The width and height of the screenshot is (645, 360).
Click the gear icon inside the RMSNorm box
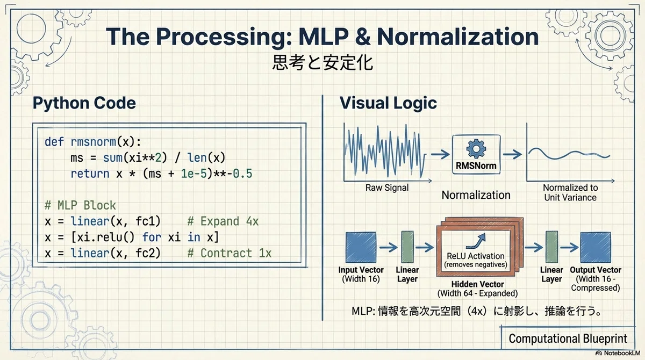(x=476, y=149)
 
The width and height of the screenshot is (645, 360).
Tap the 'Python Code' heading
(x=84, y=103)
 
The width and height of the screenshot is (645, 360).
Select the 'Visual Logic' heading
(x=388, y=103)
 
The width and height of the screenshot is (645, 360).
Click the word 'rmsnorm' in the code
(x=94, y=142)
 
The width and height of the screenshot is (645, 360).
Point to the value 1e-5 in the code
(x=194, y=174)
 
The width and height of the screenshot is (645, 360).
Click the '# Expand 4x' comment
(x=223, y=221)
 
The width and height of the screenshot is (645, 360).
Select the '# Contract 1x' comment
(x=229, y=253)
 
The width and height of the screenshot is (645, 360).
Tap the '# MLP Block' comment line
(x=80, y=205)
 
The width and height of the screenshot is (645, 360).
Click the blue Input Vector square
(x=361, y=248)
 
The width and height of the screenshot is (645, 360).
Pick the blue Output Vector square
(x=596, y=248)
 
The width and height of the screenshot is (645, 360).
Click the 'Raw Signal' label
(x=387, y=188)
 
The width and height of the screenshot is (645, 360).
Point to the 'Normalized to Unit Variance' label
(x=570, y=192)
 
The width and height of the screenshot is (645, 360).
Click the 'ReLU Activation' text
(x=475, y=256)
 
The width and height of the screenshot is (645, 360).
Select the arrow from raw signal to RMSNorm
(x=440, y=155)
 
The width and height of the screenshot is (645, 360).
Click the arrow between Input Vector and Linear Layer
(x=389, y=247)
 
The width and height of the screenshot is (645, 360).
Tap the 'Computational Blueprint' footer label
(x=568, y=339)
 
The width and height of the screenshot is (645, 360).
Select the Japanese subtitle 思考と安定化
(x=322, y=62)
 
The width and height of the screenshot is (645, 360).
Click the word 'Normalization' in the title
(x=458, y=37)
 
